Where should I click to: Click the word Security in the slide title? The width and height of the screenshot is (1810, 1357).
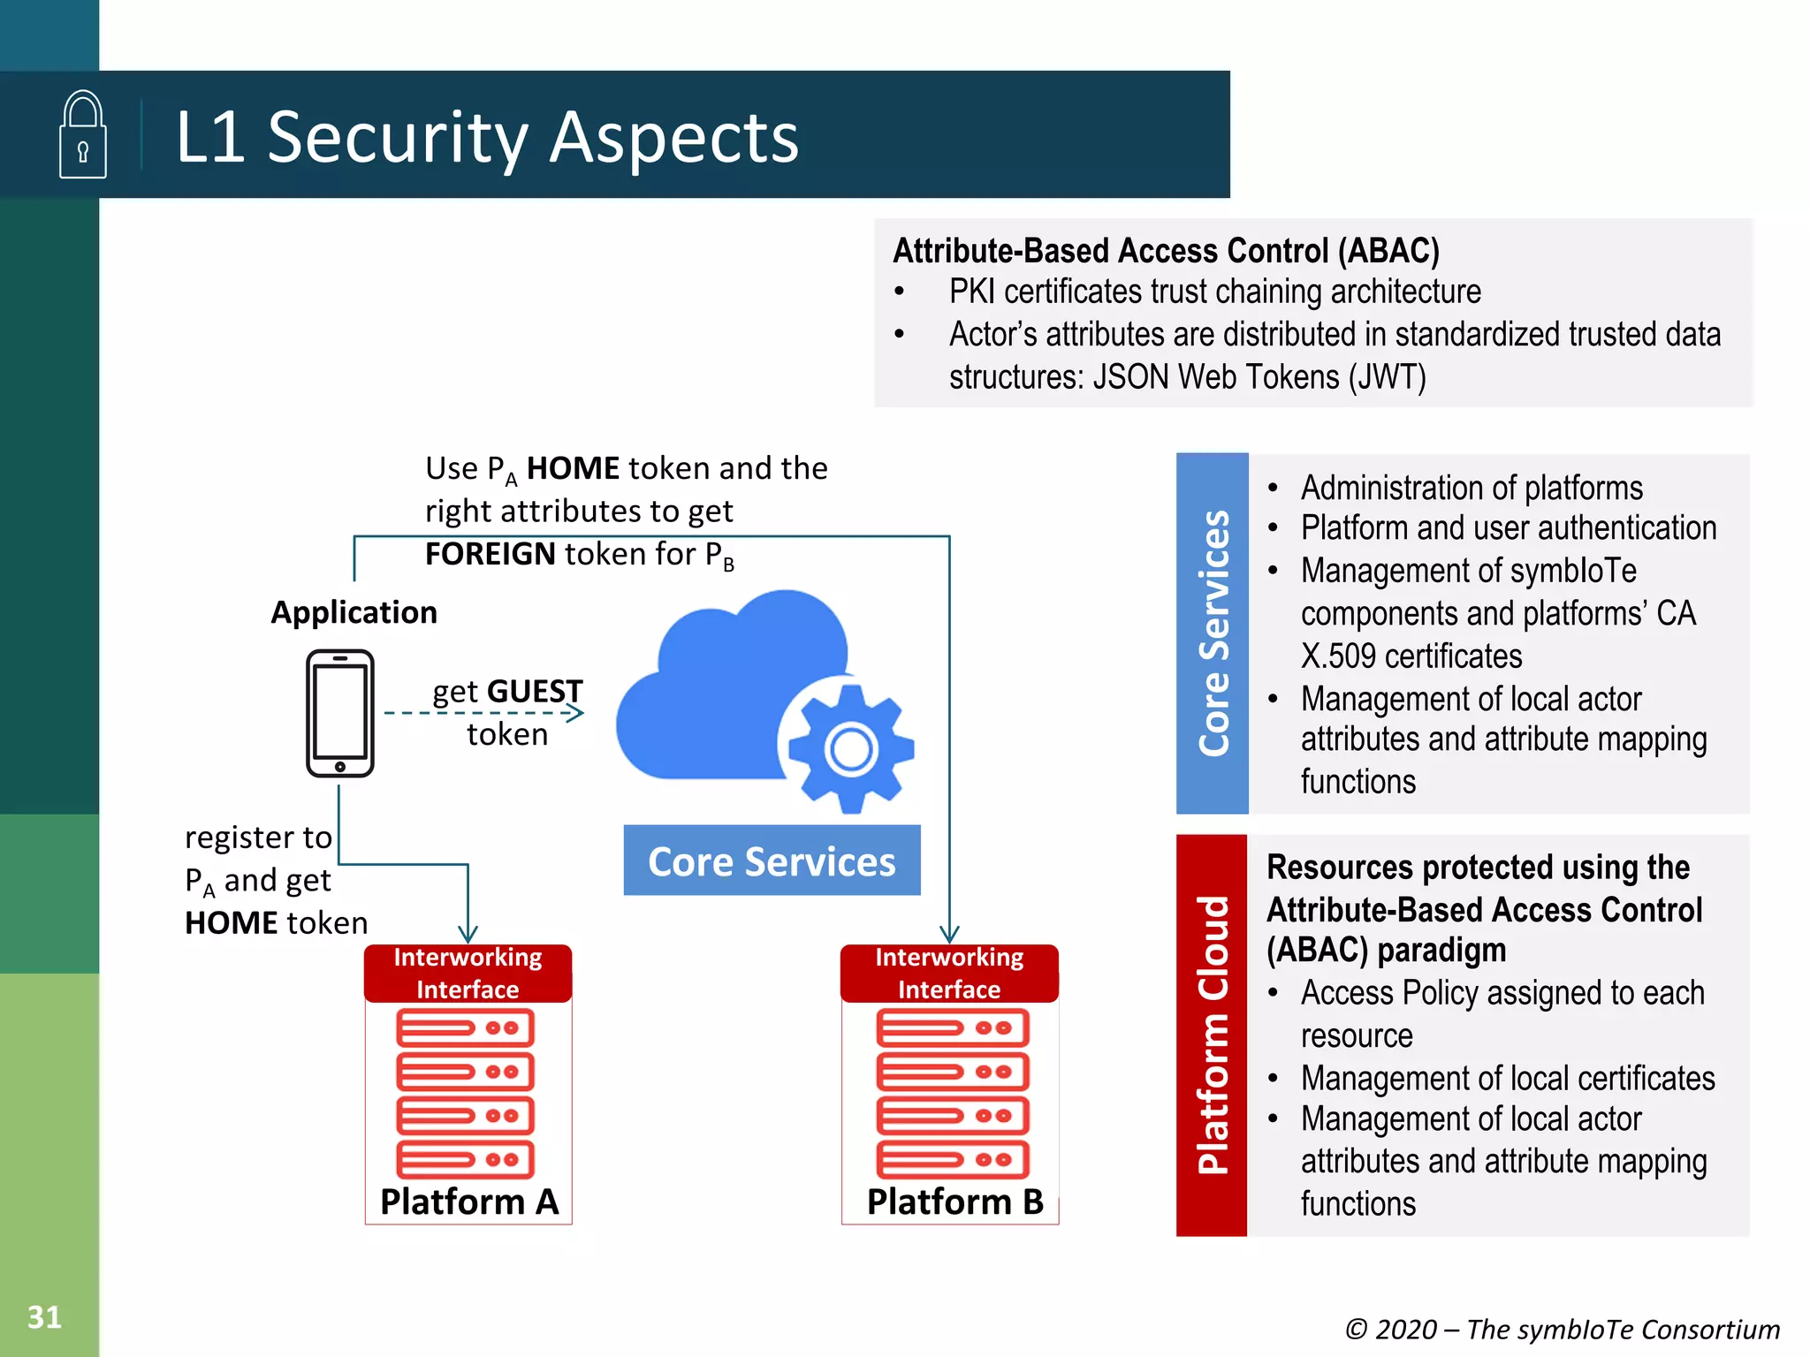pyautogui.click(x=397, y=138)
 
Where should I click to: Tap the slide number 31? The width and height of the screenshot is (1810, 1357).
pyautogui.click(x=44, y=1316)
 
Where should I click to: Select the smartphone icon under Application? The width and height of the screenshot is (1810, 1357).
pyautogui.click(x=340, y=713)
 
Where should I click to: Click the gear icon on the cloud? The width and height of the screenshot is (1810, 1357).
pyautogui.click(x=850, y=749)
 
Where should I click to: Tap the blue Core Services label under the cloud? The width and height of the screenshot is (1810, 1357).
pyautogui.click(x=772, y=861)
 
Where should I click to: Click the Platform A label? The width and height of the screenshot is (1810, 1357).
pyautogui.click(x=468, y=1202)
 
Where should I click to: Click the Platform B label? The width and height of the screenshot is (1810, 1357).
pyautogui.click(x=954, y=1202)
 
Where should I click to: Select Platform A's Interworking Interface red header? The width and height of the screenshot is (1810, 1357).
pyautogui.click(x=468, y=973)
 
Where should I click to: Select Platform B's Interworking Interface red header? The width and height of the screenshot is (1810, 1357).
pyautogui.click(x=949, y=973)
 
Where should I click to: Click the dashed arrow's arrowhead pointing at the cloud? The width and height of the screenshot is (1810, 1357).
pyautogui.click(x=575, y=713)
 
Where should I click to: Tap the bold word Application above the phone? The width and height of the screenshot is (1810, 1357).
pyautogui.click(x=354, y=612)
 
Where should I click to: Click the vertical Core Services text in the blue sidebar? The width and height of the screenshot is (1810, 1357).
pyautogui.click(x=1213, y=633)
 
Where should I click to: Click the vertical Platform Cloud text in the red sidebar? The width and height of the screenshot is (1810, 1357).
pyautogui.click(x=1213, y=1035)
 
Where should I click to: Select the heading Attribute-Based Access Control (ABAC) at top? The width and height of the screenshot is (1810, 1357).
pyautogui.click(x=1166, y=251)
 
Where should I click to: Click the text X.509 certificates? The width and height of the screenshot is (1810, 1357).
pyautogui.click(x=1411, y=656)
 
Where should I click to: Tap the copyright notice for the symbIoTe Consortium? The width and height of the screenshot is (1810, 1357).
pyautogui.click(x=1562, y=1329)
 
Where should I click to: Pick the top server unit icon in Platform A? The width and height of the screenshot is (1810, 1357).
pyautogui.click(x=465, y=1028)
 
